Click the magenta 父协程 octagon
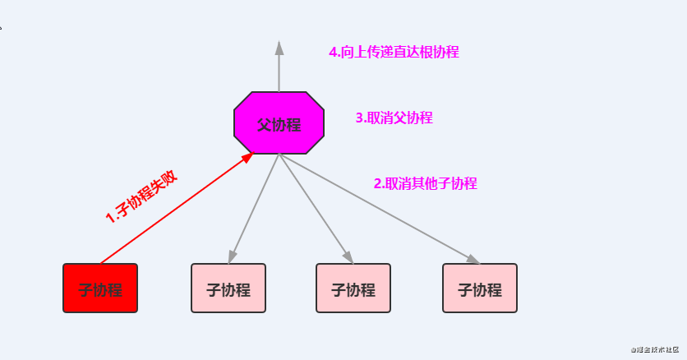click(x=279, y=123)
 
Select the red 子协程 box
click(x=100, y=288)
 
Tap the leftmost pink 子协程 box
click(x=228, y=288)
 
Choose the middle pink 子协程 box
click(x=353, y=288)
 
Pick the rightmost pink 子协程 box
click(x=480, y=288)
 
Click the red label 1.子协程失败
click(x=141, y=197)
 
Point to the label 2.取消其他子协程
click(x=425, y=183)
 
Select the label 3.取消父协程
click(x=394, y=118)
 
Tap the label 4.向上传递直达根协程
click(x=394, y=52)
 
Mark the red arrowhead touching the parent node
click(x=247, y=157)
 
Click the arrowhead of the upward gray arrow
click(x=279, y=48)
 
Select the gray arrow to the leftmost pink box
click(x=255, y=205)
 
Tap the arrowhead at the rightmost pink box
click(x=473, y=260)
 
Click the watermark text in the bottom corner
click(x=657, y=349)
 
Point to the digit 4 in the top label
click(x=333, y=52)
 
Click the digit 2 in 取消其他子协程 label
click(x=378, y=184)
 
